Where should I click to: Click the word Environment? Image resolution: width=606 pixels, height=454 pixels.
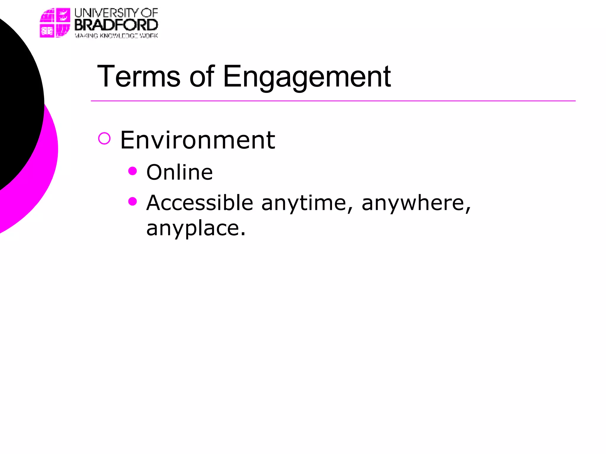[x=198, y=140]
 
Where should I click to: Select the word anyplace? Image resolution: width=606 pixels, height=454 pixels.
[x=196, y=229]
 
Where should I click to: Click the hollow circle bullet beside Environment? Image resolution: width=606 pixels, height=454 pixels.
[x=104, y=138]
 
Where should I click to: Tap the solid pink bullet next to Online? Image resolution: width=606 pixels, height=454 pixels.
[x=133, y=171]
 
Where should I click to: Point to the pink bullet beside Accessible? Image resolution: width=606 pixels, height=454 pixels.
[x=133, y=201]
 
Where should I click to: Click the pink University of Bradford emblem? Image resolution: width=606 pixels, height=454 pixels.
[x=55, y=23]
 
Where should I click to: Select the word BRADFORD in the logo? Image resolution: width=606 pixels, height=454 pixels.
[x=116, y=25]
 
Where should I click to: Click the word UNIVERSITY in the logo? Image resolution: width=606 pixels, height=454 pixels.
[x=106, y=13]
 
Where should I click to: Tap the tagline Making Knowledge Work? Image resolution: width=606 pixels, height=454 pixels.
[x=116, y=36]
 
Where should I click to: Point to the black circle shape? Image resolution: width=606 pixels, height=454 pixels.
[x=18, y=103]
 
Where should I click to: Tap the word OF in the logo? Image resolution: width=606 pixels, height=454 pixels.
[x=149, y=13]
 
